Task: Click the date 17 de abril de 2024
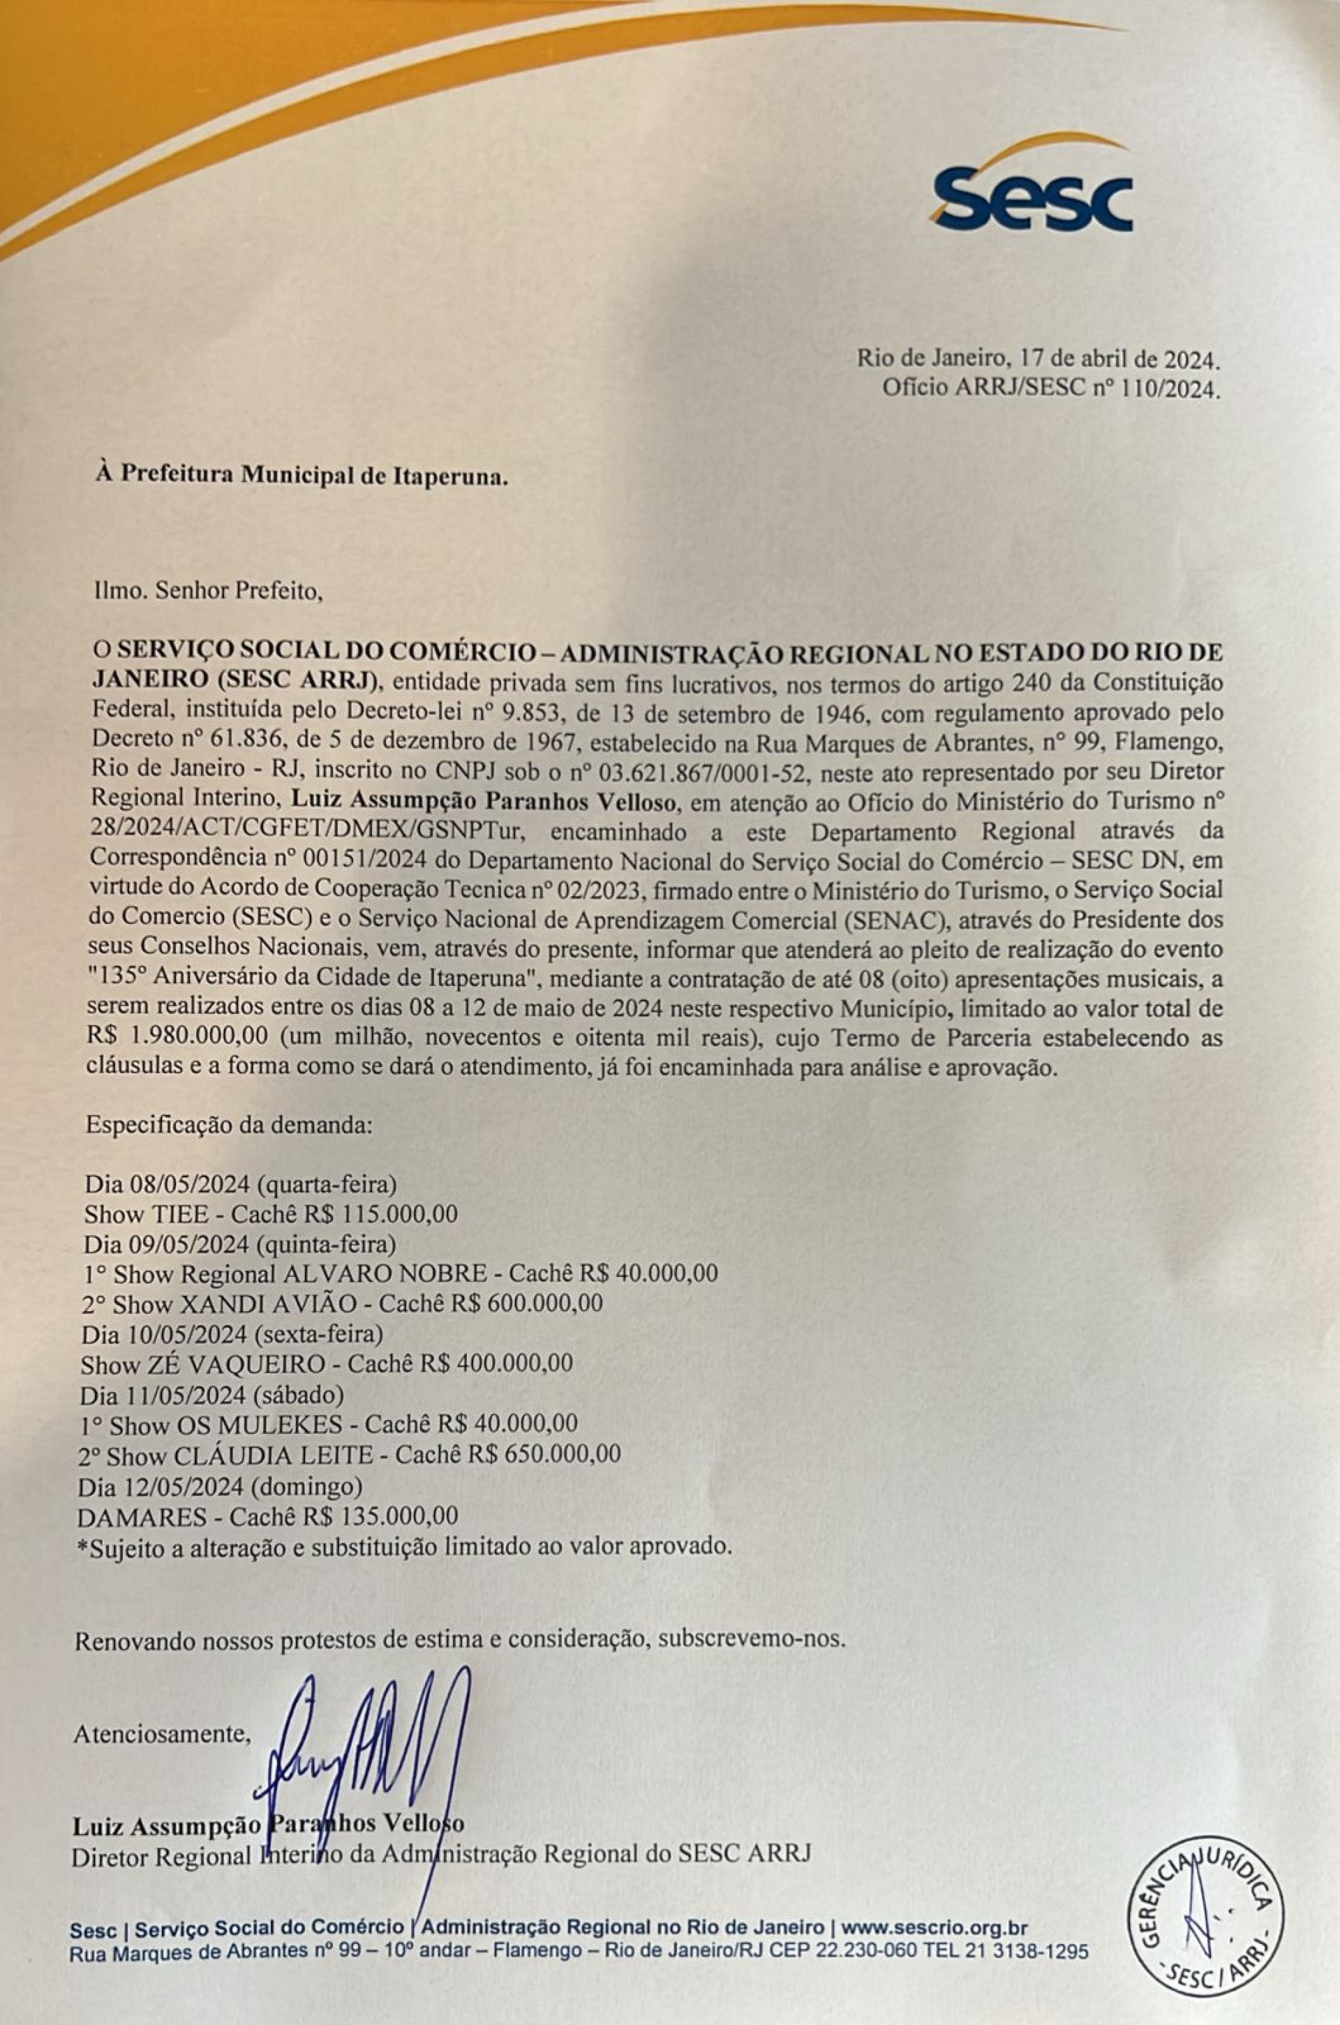[x=1111, y=357]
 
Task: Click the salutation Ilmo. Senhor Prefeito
[x=209, y=591]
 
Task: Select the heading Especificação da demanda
[x=229, y=1124]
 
